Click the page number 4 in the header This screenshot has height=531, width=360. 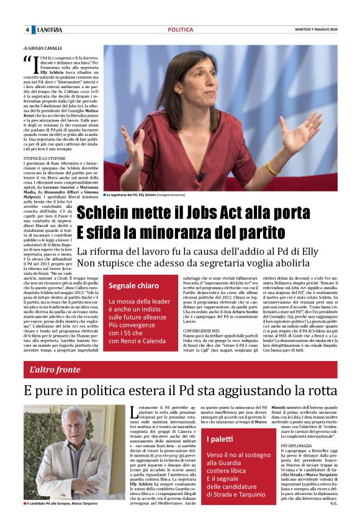[x=27, y=30]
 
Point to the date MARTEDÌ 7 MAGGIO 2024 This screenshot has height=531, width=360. [x=317, y=30]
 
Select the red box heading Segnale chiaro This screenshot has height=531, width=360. [x=134, y=286]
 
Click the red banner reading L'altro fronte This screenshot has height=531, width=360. [x=55, y=370]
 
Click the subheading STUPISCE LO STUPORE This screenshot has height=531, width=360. [x=47, y=159]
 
